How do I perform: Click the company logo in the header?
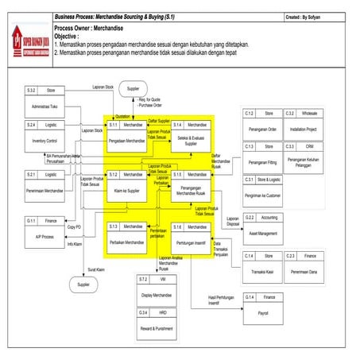coord(27,35)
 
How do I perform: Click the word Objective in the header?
coord(69,37)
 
